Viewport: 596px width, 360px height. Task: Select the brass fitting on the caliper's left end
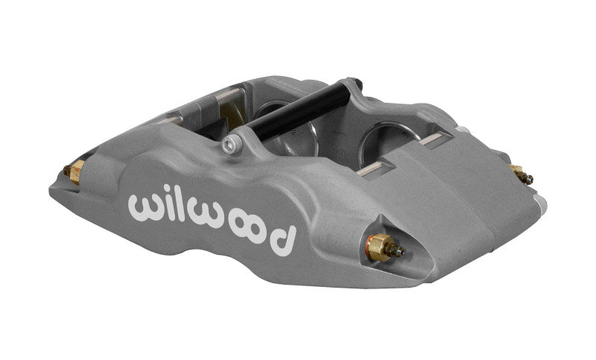tap(74, 173)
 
